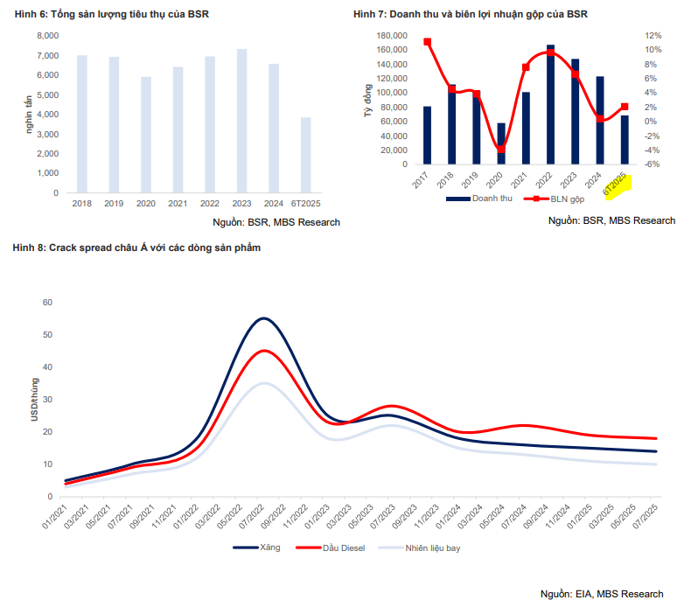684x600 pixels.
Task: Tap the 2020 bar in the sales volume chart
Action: (x=145, y=135)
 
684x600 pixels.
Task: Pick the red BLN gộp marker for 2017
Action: (x=427, y=42)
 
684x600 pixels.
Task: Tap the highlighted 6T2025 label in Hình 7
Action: (x=618, y=185)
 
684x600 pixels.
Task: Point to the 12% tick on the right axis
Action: (x=653, y=36)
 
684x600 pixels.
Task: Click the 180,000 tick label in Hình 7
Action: (x=392, y=36)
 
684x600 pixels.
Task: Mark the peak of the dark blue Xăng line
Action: (x=263, y=318)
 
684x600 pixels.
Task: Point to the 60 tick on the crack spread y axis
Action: (x=47, y=303)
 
